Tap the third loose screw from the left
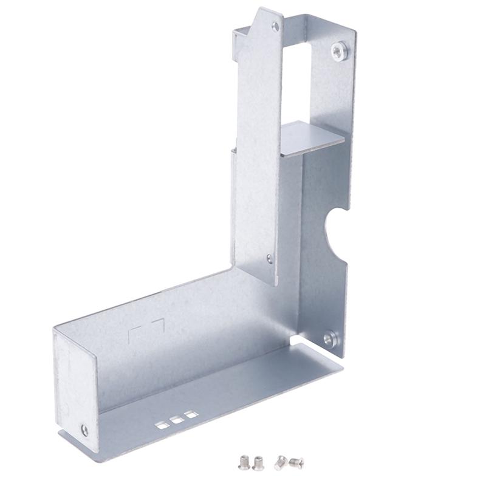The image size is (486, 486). point(280,463)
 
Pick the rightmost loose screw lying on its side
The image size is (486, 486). point(296,464)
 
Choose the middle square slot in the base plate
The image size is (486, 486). point(177,419)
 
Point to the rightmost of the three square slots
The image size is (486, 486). point(191,414)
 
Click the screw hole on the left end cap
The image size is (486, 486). point(84,430)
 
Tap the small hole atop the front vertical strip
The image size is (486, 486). point(275,27)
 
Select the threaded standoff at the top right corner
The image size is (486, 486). point(340,51)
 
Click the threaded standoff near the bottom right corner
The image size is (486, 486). point(330,338)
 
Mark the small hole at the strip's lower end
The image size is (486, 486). point(270,259)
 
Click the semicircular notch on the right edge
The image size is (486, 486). point(336,228)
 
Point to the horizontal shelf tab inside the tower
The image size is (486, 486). point(311,137)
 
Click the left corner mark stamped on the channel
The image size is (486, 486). point(135,332)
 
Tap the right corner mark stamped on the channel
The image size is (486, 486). point(159,323)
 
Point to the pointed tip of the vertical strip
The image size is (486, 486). point(262,10)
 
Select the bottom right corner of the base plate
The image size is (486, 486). point(341,368)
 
